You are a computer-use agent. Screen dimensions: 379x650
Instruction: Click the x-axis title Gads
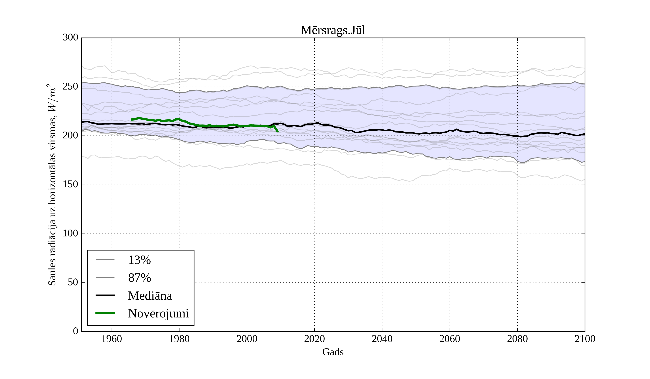(x=333, y=352)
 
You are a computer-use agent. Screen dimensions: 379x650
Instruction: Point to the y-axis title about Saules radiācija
(x=52, y=185)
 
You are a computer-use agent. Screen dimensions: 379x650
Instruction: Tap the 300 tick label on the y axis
(x=70, y=38)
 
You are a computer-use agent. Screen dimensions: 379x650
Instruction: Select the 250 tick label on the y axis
(x=70, y=87)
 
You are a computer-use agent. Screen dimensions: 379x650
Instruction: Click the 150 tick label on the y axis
(x=70, y=185)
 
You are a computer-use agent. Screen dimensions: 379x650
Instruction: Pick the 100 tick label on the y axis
(x=70, y=234)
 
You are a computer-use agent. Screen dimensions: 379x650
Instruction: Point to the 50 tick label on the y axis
(x=73, y=283)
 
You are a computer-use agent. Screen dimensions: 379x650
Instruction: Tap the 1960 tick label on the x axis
(x=112, y=339)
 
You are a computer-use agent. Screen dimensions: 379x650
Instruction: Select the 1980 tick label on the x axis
(x=179, y=339)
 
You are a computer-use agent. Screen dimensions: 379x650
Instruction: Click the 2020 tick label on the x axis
(x=314, y=339)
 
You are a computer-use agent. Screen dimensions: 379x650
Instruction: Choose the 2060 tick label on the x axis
(x=450, y=339)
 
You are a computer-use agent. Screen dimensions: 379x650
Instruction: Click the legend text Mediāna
(x=150, y=296)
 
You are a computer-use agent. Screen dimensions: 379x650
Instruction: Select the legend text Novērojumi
(x=158, y=313)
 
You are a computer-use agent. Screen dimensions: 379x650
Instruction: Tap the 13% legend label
(x=139, y=260)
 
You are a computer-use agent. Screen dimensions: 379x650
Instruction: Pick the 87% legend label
(x=139, y=278)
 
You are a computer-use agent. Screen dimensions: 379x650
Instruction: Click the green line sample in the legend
(x=105, y=313)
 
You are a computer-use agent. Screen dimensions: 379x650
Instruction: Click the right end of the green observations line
(x=278, y=132)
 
